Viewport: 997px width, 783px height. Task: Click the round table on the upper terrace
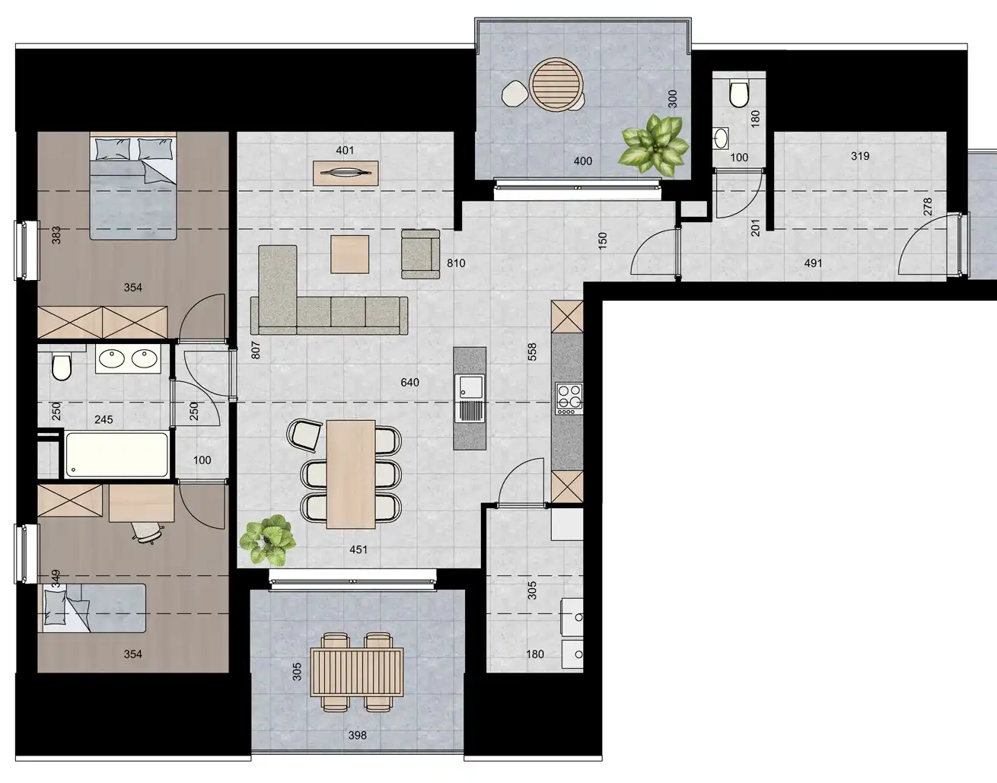[557, 86]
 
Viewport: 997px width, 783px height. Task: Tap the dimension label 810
[456, 263]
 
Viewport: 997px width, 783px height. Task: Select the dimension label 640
[409, 382]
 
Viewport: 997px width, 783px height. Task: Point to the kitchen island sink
[470, 398]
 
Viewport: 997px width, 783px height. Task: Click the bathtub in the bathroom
[116, 454]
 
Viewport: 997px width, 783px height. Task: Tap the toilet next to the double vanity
[61, 366]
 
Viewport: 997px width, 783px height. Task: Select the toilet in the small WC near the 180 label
[737, 94]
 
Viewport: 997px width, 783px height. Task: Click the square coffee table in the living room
[349, 254]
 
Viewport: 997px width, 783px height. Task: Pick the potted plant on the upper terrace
[654, 145]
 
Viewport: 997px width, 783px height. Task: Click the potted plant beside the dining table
[267, 539]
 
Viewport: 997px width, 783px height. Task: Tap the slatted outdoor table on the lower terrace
[356, 672]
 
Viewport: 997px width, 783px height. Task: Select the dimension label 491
[814, 263]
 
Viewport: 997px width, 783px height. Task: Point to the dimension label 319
[860, 156]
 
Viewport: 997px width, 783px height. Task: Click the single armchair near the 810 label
[420, 253]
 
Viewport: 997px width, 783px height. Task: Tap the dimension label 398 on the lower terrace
[357, 735]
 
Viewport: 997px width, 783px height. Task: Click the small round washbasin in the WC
[721, 138]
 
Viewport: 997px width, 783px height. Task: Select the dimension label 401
[345, 150]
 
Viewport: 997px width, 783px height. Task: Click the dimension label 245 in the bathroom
[104, 419]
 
